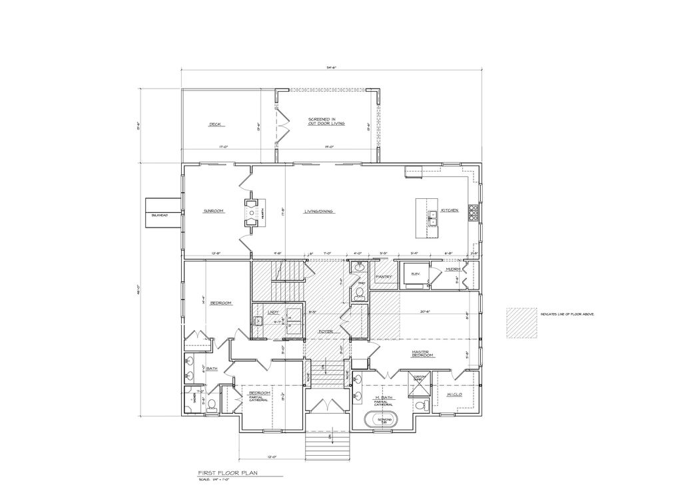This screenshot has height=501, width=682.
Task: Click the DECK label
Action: tap(214, 124)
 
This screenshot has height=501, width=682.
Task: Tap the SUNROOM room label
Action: tap(213, 211)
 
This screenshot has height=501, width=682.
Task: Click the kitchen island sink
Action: tap(432, 215)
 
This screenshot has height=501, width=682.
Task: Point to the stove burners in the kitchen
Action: tap(474, 211)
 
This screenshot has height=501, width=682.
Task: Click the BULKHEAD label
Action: tap(159, 215)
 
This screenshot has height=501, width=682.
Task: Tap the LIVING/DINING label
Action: tap(319, 211)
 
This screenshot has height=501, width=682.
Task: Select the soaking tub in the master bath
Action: tap(384, 421)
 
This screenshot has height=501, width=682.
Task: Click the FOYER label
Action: tap(325, 331)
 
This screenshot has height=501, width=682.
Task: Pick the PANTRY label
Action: tap(382, 276)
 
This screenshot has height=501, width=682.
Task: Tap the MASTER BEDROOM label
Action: tap(422, 354)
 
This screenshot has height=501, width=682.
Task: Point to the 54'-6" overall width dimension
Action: tap(332, 67)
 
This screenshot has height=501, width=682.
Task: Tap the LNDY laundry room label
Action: tap(272, 311)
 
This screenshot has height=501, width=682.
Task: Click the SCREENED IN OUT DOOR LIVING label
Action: tap(326, 122)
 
